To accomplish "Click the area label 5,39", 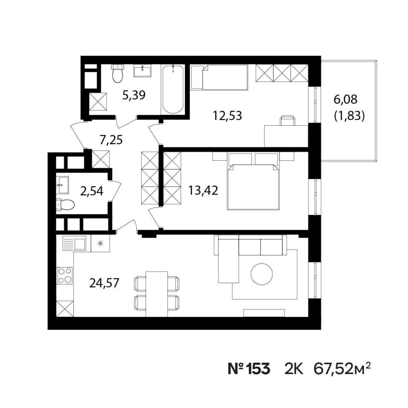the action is [x=134, y=95].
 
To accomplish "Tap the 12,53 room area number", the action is [x=227, y=115].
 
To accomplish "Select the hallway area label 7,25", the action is [x=111, y=140].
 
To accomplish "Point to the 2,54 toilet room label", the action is [x=91, y=191].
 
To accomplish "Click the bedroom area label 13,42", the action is [x=203, y=191].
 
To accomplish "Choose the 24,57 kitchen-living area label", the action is [x=104, y=283].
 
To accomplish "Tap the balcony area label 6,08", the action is [x=346, y=100].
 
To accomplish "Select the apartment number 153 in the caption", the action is [x=258, y=369].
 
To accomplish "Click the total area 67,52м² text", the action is [x=342, y=368].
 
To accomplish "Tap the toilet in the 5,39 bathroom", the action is [x=118, y=73].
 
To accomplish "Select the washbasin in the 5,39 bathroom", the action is [x=142, y=71].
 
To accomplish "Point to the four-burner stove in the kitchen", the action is [x=65, y=275].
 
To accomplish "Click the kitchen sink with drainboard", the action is [x=74, y=243].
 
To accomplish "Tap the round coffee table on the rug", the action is [x=262, y=274].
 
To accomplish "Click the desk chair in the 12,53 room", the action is [x=287, y=121].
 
